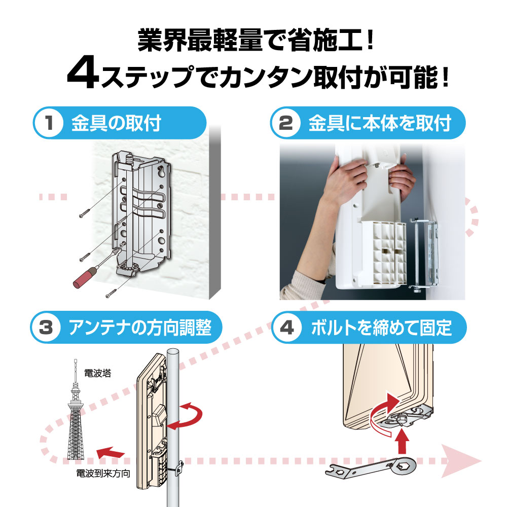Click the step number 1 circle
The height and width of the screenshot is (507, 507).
point(49,123)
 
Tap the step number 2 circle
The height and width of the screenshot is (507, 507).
point(285,123)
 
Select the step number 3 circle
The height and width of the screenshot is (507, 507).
point(46,327)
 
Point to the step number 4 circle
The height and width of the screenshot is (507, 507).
point(286,327)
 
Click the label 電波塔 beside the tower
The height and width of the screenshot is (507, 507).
point(98,373)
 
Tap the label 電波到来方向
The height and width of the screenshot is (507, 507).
point(103,474)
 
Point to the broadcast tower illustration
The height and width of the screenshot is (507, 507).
point(76,409)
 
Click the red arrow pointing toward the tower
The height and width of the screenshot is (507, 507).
point(110,452)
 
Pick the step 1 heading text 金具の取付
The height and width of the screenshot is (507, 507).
point(117,123)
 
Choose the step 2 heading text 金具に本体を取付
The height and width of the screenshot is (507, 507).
point(380,123)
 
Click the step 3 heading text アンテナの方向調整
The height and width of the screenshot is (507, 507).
point(140,327)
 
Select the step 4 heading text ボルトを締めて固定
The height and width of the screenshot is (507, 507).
point(381,327)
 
